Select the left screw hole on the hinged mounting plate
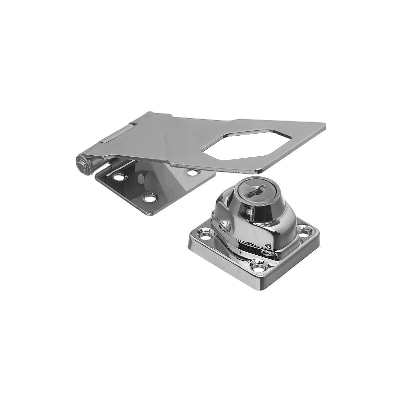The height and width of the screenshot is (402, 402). (119, 178)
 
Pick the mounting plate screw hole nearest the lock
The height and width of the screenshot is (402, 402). (191, 172)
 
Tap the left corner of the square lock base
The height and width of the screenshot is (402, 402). (189, 238)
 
